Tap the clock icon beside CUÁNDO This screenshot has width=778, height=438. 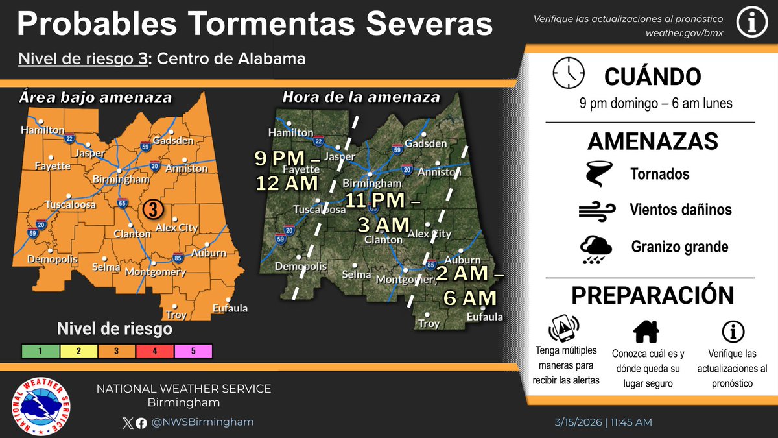click(x=569, y=73)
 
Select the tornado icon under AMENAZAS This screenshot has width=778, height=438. click(x=596, y=174)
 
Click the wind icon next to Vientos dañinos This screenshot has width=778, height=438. click(x=596, y=210)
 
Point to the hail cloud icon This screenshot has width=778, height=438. click(x=596, y=249)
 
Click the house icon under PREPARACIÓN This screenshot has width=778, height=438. click(x=646, y=332)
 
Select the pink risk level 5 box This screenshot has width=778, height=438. click(x=193, y=351)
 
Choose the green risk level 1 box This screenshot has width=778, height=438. click(x=40, y=351)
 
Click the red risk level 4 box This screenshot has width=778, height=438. click(x=154, y=351)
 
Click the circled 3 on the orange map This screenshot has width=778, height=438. click(x=152, y=210)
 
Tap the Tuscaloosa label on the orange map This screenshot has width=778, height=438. click(x=71, y=205)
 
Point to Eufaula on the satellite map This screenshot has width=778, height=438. click(x=484, y=317)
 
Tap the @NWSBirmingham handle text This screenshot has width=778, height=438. click(x=203, y=422)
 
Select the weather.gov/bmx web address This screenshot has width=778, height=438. click(x=683, y=33)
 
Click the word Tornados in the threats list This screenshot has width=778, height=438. click(x=659, y=174)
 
